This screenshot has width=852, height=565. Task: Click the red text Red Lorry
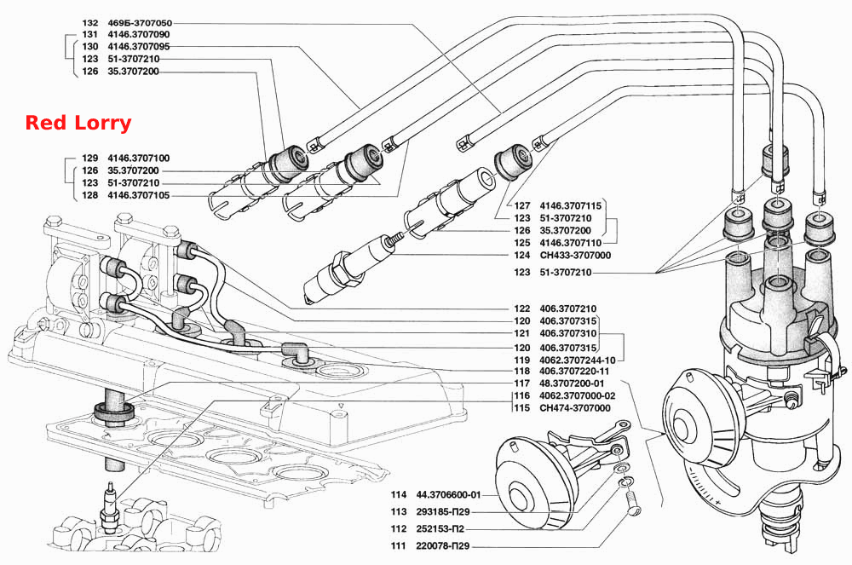pos(78,123)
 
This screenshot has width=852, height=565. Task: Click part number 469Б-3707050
pos(140,23)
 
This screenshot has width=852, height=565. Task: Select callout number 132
pos(89,23)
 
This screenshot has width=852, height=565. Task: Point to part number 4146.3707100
pos(139,159)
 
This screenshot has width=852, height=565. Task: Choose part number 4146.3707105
pos(139,196)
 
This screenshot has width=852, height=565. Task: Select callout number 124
pos(521,256)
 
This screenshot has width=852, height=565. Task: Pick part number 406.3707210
pos(567,308)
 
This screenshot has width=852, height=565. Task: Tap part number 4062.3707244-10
pos(578,360)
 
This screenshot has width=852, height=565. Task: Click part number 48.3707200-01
pos(572,383)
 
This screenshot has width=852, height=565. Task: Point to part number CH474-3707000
pos(575,408)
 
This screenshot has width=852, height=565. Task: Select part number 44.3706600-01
pos(448,495)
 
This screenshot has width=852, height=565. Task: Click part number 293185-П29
pos(443,512)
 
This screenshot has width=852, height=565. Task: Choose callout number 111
pos(398,546)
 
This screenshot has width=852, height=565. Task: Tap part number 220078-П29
pos(443,546)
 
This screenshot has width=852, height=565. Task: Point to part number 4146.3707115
pos(571,206)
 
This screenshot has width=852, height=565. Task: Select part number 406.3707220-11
pos(574,371)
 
